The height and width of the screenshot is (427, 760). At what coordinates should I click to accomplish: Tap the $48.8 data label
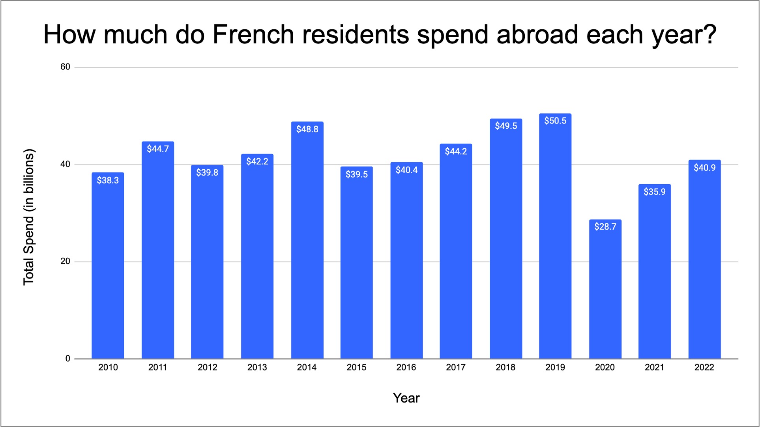point(307,129)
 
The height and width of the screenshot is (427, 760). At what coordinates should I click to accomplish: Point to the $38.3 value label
point(108,180)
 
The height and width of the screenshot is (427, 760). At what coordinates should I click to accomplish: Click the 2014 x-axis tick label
point(307,367)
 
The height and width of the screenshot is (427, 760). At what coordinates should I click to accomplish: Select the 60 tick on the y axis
point(65,67)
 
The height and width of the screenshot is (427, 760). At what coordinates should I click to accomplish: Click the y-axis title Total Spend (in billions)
point(29,217)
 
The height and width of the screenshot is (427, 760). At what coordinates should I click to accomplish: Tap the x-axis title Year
point(406,398)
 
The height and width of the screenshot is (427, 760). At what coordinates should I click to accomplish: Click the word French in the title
point(253,35)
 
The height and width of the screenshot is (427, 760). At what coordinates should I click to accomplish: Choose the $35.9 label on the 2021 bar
point(654,192)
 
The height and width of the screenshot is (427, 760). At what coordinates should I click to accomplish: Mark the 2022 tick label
point(704,367)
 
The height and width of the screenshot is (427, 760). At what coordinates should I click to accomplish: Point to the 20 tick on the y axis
point(65,261)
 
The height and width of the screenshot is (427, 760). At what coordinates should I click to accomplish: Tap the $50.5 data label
point(555,121)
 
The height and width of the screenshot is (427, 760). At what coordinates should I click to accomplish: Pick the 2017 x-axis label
point(456,367)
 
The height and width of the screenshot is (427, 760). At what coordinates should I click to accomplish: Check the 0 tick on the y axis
point(67,359)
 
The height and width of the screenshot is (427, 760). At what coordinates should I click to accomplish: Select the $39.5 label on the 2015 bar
point(356,174)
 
